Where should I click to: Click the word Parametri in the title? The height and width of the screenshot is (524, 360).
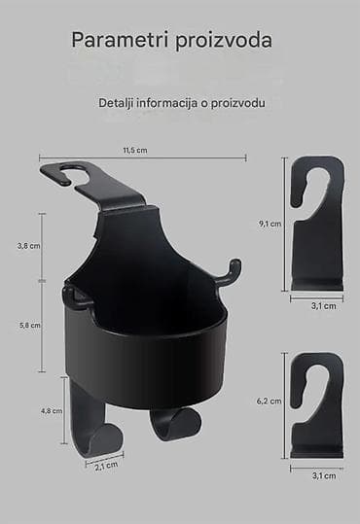click(x=120, y=40)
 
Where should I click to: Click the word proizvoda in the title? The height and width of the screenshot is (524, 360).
click(x=224, y=41)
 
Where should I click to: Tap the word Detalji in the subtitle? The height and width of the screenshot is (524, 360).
click(x=116, y=103)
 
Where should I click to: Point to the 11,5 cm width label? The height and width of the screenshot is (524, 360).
click(x=135, y=150)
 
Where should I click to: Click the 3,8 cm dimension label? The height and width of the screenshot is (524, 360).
click(x=29, y=246)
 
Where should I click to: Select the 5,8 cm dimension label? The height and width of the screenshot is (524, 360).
click(x=29, y=325)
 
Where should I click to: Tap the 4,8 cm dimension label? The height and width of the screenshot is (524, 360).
click(x=52, y=410)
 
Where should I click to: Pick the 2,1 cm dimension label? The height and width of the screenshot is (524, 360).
click(x=106, y=466)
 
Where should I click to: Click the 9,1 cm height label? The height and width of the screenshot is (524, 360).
click(x=270, y=224)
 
